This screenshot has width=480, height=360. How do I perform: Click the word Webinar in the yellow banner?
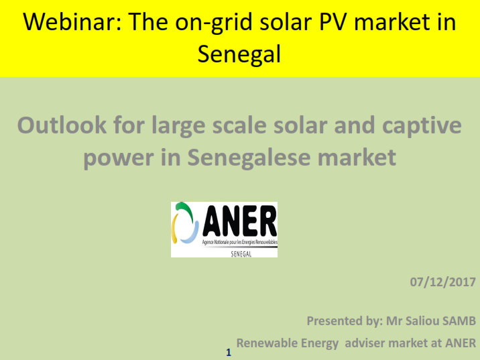[72, 22]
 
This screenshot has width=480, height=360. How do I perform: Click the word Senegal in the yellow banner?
[239, 54]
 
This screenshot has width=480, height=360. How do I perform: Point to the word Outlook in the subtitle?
[62, 125]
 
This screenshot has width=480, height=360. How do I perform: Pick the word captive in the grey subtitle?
[422, 126]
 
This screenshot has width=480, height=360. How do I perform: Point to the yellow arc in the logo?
[174, 229]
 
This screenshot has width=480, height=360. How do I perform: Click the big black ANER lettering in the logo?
[239, 221]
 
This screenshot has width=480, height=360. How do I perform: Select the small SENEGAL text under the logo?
[241, 254]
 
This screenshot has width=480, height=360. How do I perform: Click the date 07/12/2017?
[442, 282]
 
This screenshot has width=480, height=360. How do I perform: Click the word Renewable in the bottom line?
[288, 343]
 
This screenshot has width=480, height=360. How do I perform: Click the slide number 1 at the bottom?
[229, 353]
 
